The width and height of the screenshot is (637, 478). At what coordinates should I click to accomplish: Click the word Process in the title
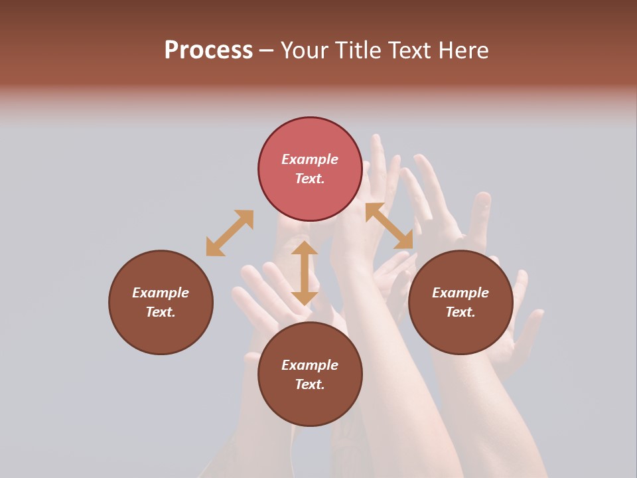pos(208,50)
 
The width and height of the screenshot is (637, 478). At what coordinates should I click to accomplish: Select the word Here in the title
pos(464,50)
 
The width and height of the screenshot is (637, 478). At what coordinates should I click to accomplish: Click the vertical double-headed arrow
pos(305,273)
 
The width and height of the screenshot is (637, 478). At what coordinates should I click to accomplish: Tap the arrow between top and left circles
pos(230,233)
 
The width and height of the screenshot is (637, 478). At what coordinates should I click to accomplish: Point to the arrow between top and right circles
pos(389,226)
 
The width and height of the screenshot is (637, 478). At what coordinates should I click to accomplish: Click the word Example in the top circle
pos(310,159)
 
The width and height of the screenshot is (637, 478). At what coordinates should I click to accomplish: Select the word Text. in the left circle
pos(161,312)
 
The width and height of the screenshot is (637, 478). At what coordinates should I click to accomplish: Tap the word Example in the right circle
pos(460,293)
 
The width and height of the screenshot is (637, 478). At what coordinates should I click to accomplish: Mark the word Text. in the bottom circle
pos(310,384)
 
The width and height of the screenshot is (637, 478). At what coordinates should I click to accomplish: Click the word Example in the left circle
pos(161,293)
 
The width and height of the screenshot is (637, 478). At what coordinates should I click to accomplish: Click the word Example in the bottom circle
pos(310,365)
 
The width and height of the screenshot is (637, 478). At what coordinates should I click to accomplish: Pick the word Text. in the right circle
pos(460,312)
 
